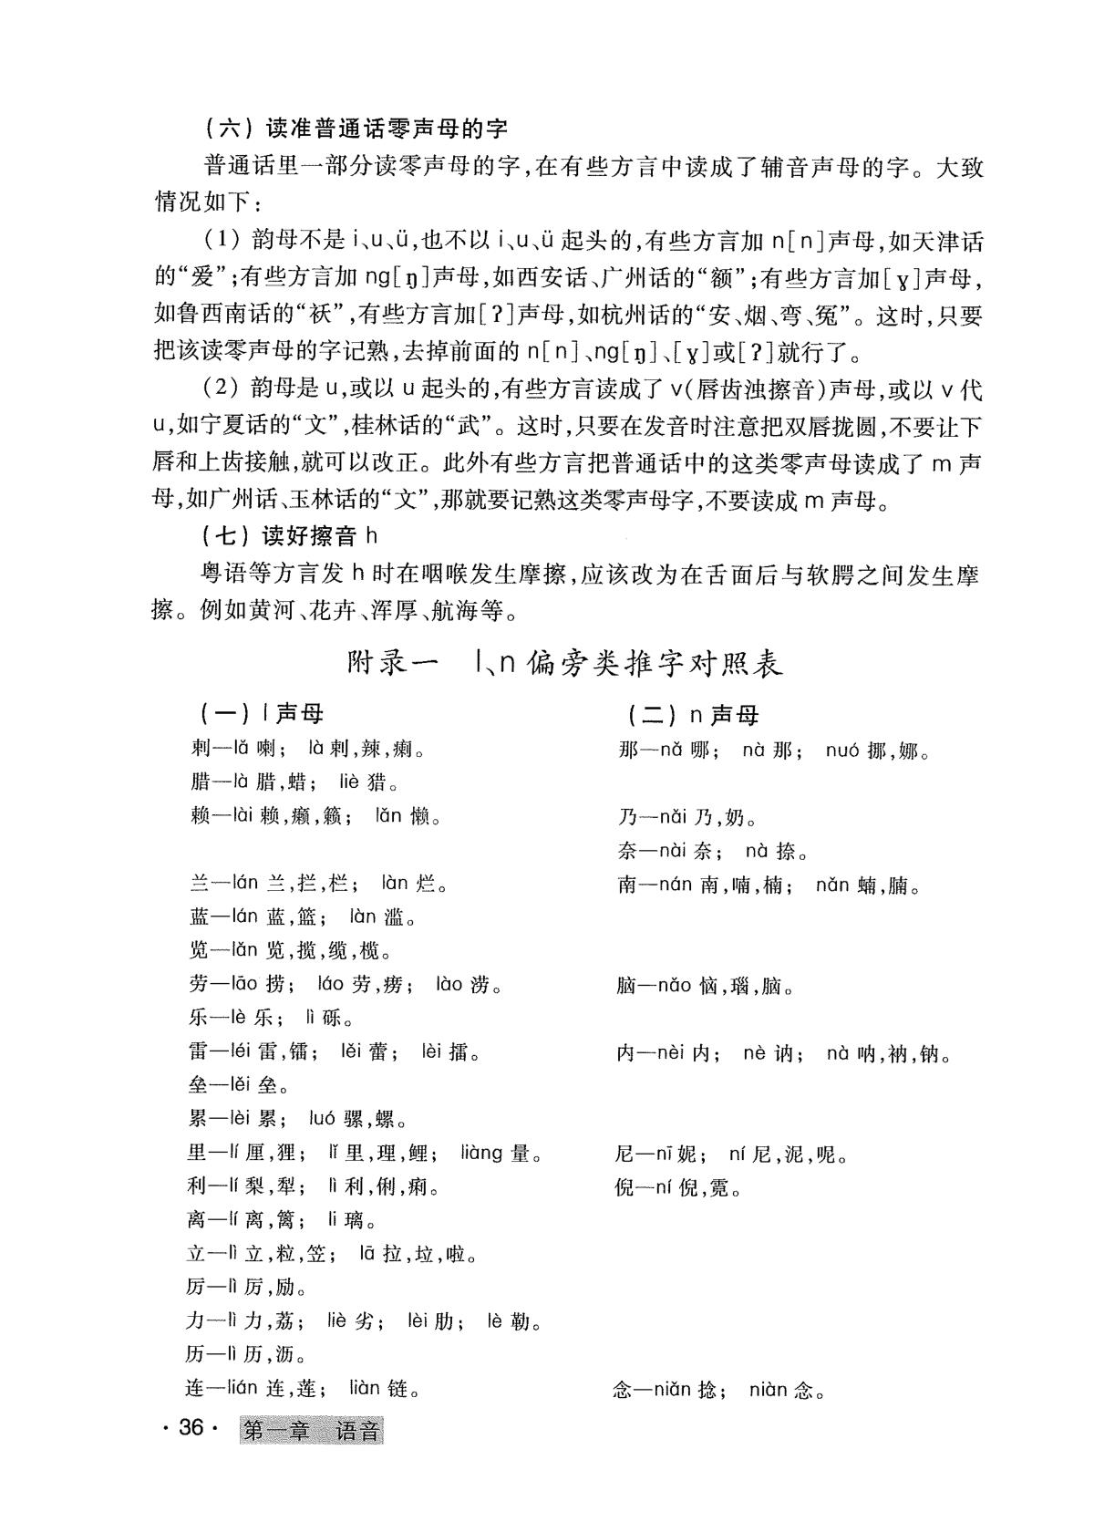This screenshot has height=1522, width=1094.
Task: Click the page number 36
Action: coord(190,1428)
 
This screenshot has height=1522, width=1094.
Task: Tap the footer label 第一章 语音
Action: coord(312,1430)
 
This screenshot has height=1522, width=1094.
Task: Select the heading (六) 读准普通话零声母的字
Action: coord(356,128)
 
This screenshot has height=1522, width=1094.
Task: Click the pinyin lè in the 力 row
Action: coord(495,1321)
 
